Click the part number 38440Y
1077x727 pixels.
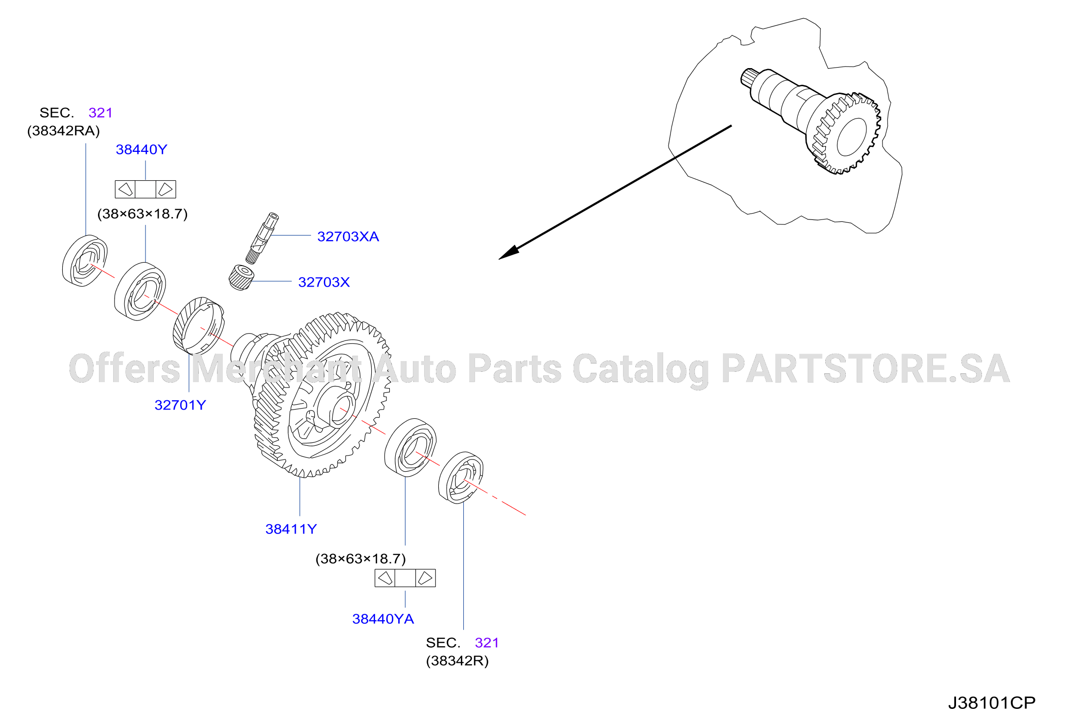(142, 149)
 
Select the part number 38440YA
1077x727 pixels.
(383, 619)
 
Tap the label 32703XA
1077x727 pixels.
(348, 237)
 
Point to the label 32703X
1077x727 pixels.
(324, 282)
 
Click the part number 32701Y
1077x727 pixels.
(180, 405)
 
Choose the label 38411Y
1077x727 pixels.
(291, 529)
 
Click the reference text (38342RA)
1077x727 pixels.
(64, 131)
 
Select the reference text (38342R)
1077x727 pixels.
(457, 661)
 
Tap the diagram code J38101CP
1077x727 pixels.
(992, 703)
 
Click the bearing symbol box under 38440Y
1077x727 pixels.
(145, 189)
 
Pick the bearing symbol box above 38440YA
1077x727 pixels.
(405, 578)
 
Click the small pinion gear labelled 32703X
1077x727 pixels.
(241, 278)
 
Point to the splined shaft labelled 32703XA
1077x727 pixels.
(262, 238)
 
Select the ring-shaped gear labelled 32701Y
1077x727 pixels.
(198, 325)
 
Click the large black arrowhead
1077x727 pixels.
(509, 253)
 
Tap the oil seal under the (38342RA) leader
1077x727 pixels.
(85, 261)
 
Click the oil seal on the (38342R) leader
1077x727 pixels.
(461, 478)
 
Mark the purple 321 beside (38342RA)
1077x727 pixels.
(100, 113)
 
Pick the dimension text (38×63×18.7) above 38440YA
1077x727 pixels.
(360, 559)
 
